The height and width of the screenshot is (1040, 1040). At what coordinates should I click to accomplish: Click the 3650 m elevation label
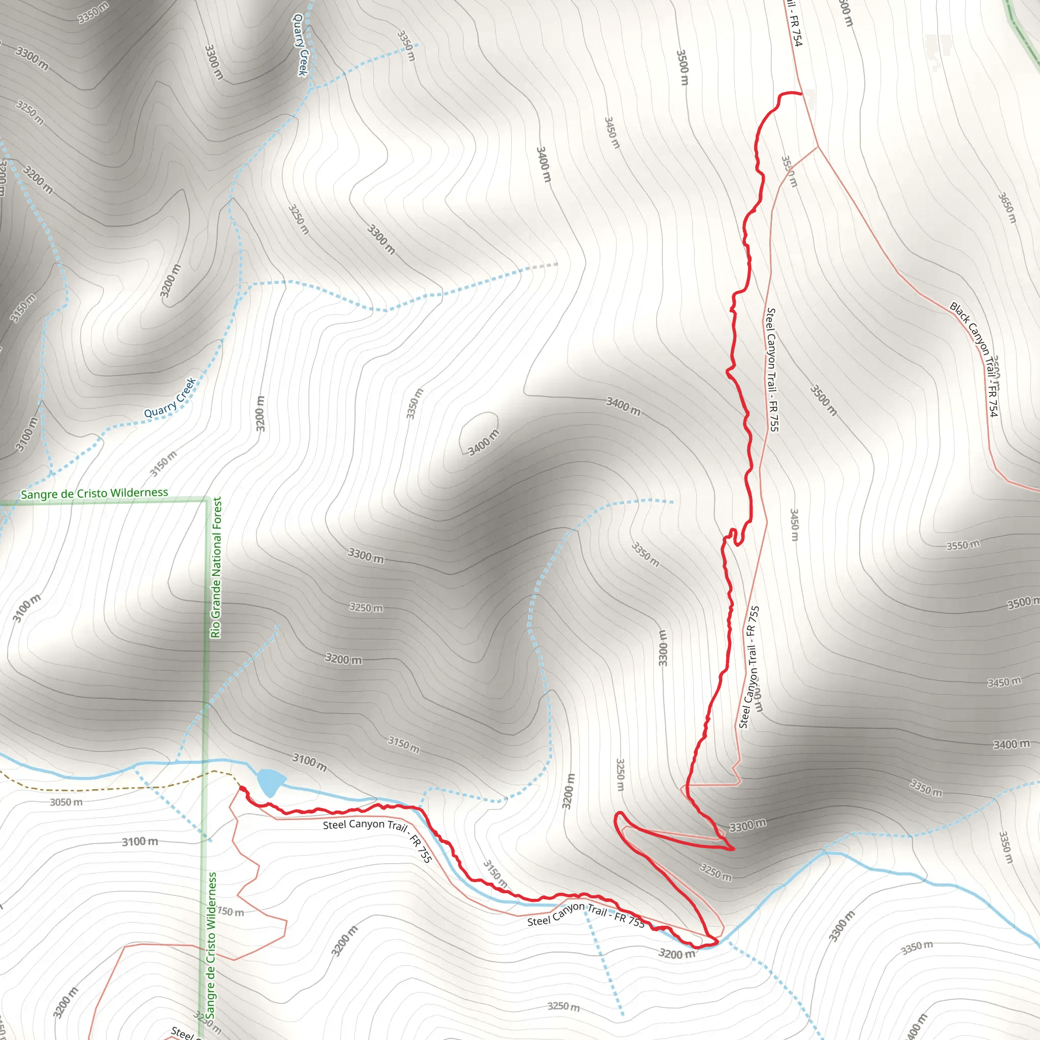1006,207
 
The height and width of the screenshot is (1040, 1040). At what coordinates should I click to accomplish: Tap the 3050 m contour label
66,802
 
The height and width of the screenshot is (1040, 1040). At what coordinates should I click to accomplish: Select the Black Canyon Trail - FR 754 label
974,358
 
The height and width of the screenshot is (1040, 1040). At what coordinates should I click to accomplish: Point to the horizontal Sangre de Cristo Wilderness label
94,493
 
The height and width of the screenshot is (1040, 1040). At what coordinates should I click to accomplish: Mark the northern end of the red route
801,93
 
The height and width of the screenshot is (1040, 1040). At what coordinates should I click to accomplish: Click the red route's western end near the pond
241,788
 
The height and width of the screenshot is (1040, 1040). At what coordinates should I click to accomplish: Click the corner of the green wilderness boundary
206,500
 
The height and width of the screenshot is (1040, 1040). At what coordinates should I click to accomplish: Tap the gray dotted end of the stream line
544,266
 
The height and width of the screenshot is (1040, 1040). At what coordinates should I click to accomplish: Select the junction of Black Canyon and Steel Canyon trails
817,146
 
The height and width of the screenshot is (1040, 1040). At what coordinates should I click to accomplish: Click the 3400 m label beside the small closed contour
483,442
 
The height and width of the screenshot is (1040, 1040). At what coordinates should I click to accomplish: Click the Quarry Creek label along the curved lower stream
170,398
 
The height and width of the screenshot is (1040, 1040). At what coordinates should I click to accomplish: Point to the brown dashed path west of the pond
108,789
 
